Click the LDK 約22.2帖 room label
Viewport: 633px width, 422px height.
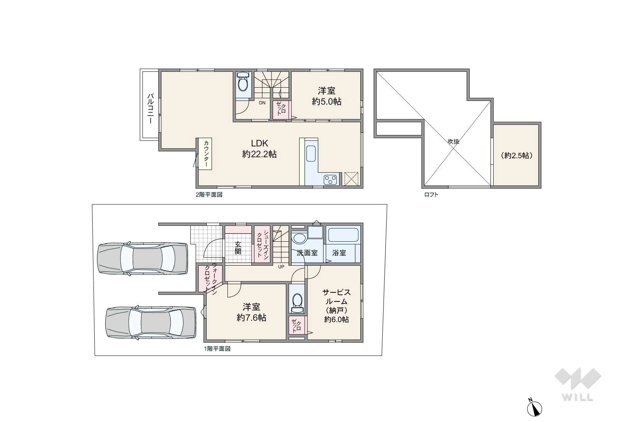(x=259, y=149)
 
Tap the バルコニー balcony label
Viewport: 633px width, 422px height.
(x=151, y=108)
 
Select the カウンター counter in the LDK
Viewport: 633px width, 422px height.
(x=205, y=154)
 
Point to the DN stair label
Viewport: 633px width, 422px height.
(x=262, y=103)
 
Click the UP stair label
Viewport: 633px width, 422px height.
(x=281, y=267)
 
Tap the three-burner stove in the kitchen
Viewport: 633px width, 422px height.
(x=330, y=179)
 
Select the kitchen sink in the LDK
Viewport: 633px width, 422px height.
(x=311, y=154)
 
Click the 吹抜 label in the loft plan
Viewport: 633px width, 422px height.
(x=453, y=142)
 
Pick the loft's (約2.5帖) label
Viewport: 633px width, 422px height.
(x=517, y=155)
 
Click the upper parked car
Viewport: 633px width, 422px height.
(x=143, y=258)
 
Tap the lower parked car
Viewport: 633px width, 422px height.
(x=151, y=322)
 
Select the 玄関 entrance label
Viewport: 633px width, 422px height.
(x=238, y=248)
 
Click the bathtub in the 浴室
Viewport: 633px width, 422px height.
(x=343, y=235)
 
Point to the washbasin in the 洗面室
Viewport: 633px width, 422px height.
(x=299, y=238)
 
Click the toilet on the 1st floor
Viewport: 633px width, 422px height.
(x=297, y=303)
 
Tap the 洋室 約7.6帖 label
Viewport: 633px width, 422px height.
(x=251, y=312)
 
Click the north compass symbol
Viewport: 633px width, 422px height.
(x=534, y=408)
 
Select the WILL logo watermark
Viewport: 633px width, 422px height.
(x=578, y=384)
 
